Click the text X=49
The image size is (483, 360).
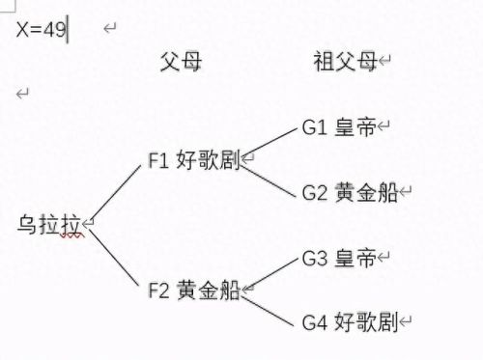click(x=41, y=29)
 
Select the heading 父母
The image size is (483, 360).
click(x=180, y=62)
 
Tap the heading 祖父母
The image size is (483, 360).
click(x=343, y=62)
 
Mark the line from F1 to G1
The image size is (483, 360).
click(x=271, y=143)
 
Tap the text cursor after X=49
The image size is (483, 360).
click(x=69, y=29)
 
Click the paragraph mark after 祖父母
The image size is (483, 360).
click(x=384, y=63)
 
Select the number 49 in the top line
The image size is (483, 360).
click(x=55, y=29)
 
